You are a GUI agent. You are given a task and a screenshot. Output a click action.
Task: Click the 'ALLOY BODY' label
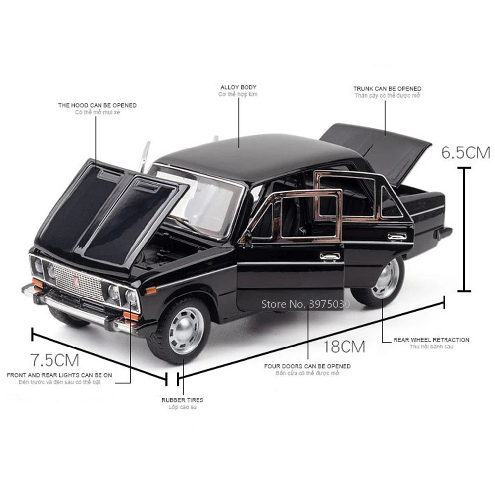coord(238,87)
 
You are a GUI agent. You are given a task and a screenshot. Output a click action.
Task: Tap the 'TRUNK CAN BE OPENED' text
coord(387,89)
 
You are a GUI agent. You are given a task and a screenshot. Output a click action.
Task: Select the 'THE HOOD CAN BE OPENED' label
coord(98,105)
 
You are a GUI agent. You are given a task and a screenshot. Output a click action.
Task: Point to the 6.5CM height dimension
coord(465,152)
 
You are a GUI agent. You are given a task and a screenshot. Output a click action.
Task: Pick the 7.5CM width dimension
coord(54,358)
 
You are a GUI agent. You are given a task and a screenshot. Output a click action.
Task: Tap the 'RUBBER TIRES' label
coord(182,400)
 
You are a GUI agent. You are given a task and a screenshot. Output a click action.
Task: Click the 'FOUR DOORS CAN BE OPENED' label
coord(307,366)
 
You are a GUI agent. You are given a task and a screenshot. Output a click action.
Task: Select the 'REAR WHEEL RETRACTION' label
coord(431,340)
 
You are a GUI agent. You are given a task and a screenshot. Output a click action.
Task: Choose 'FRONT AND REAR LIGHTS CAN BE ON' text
coord(59,375)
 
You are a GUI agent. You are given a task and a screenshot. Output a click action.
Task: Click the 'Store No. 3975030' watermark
coord(305,304)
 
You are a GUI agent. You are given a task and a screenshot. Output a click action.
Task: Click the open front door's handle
coord(330,256)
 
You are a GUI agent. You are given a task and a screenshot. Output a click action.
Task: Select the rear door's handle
coord(397,236)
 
